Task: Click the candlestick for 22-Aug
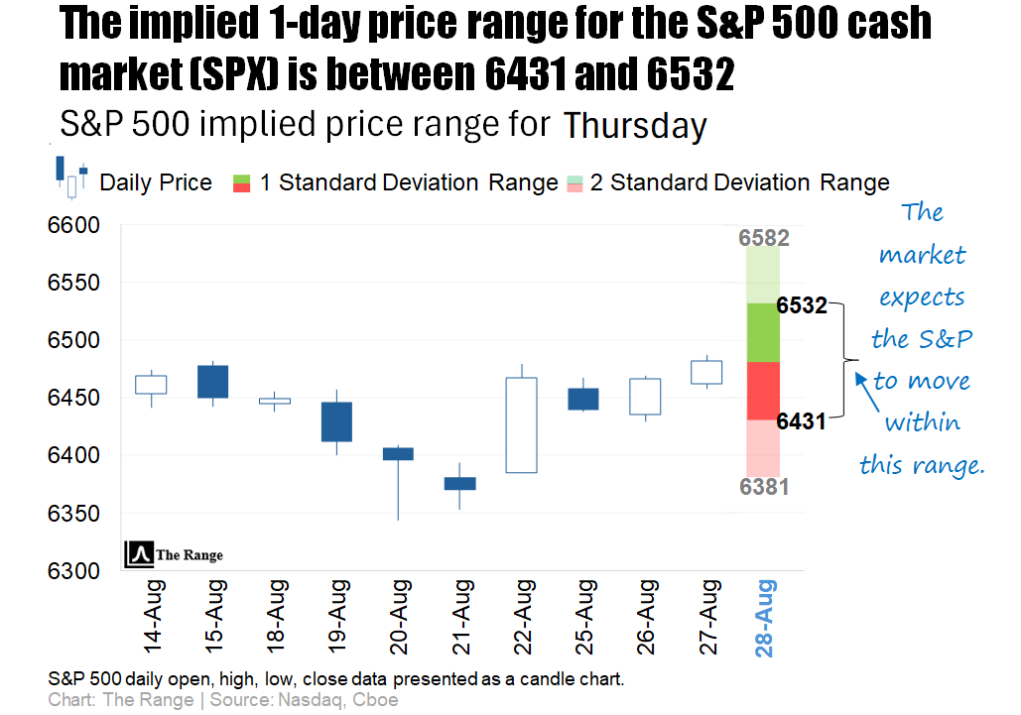click(x=521, y=424)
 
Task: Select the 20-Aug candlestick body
click(x=398, y=453)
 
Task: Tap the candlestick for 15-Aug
click(x=212, y=382)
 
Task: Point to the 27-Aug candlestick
click(x=705, y=372)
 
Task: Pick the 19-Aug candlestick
click(x=336, y=421)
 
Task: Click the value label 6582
click(x=763, y=238)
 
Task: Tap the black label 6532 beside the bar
click(x=802, y=305)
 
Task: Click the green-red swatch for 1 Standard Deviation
click(x=241, y=182)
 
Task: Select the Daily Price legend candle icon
click(x=71, y=178)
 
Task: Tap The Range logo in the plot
click(x=174, y=554)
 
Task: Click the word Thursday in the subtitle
click(x=635, y=127)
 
